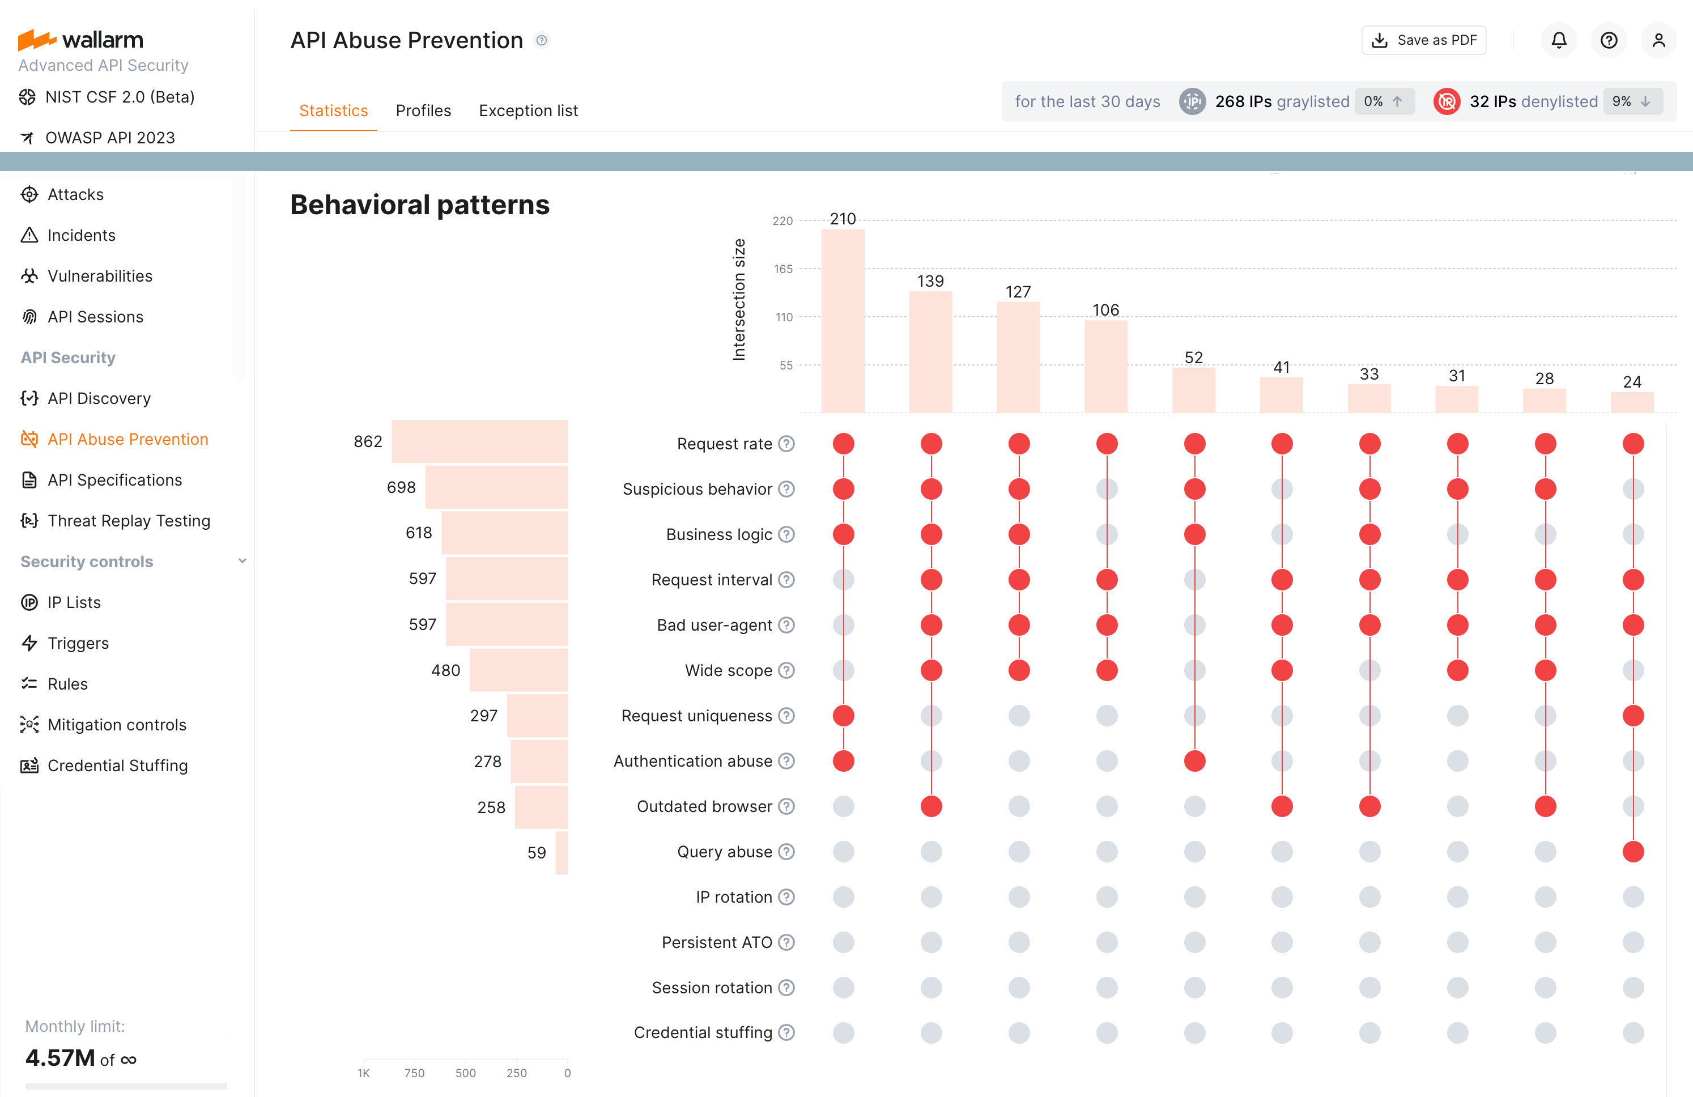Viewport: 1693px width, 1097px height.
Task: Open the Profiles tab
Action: pos(423,111)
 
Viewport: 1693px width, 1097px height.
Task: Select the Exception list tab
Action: pos(528,111)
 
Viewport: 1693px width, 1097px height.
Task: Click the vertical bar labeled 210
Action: pos(843,320)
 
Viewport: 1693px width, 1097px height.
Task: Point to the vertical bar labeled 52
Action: pos(1194,389)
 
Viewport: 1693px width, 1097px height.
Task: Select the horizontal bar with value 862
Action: pos(479,442)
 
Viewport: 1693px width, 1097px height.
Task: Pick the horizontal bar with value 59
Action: pos(562,852)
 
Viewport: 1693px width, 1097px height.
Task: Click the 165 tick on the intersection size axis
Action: pos(783,269)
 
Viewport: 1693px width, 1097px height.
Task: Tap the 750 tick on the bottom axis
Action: pos(414,1073)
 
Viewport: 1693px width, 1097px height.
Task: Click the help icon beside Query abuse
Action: pos(786,852)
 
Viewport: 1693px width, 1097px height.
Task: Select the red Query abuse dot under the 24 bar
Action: pos(1632,852)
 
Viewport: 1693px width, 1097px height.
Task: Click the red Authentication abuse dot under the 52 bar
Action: pos(1194,761)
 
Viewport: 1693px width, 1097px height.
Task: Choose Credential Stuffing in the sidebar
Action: pos(117,766)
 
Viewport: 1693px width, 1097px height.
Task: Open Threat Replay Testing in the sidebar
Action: pos(129,521)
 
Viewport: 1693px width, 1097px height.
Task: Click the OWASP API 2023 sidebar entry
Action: pos(109,138)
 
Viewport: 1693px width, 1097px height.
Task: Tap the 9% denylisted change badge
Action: pos(1632,102)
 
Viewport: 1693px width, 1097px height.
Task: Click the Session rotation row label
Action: pos(711,988)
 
